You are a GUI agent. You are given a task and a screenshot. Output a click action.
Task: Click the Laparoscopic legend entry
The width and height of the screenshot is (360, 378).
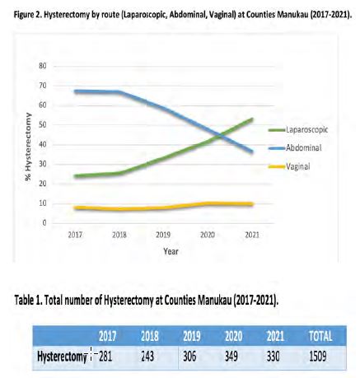pos(298,129)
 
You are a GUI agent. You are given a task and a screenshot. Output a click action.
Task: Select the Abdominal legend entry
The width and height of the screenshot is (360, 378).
pos(295,147)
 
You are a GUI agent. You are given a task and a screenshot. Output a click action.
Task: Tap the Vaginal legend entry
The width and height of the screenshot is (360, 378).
pos(289,166)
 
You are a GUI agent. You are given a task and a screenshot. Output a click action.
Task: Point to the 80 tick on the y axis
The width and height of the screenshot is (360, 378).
pos(44,66)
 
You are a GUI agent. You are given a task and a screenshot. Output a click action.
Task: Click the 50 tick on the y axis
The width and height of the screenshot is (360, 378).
pos(44,125)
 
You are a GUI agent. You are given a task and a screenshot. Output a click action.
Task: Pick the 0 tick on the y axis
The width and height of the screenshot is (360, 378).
pos(44,223)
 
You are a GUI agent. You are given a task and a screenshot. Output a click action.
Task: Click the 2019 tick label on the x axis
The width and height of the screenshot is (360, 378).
pos(163,235)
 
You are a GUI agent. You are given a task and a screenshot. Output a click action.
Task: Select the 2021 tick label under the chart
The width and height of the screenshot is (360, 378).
pos(252,235)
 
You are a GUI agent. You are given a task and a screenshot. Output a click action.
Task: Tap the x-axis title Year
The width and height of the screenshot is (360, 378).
pos(171,251)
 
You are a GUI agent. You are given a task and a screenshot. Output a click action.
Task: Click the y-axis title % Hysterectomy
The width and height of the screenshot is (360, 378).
pos(28,147)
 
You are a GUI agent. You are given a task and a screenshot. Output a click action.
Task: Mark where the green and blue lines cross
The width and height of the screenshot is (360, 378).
pos(220,135)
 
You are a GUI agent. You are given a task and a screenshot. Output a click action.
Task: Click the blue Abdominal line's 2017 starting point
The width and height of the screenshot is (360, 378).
pos(75,91)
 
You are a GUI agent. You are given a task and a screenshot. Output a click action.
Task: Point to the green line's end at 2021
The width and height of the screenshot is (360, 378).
pos(252,119)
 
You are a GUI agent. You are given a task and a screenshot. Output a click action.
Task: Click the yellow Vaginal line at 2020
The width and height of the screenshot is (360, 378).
pos(208,203)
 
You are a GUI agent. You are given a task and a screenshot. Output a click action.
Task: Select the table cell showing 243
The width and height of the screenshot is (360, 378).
pos(147,357)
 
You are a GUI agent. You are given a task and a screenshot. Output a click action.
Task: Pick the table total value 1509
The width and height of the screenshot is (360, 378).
pos(318,357)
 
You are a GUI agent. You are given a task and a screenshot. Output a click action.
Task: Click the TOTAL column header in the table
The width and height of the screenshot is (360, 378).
pos(320,336)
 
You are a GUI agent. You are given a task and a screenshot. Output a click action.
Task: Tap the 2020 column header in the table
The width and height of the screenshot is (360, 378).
pos(233,336)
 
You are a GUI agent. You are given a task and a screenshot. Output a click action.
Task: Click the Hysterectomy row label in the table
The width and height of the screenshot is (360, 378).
pos(62,357)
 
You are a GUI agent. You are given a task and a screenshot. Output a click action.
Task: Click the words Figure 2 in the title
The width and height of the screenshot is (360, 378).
pos(27,15)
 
